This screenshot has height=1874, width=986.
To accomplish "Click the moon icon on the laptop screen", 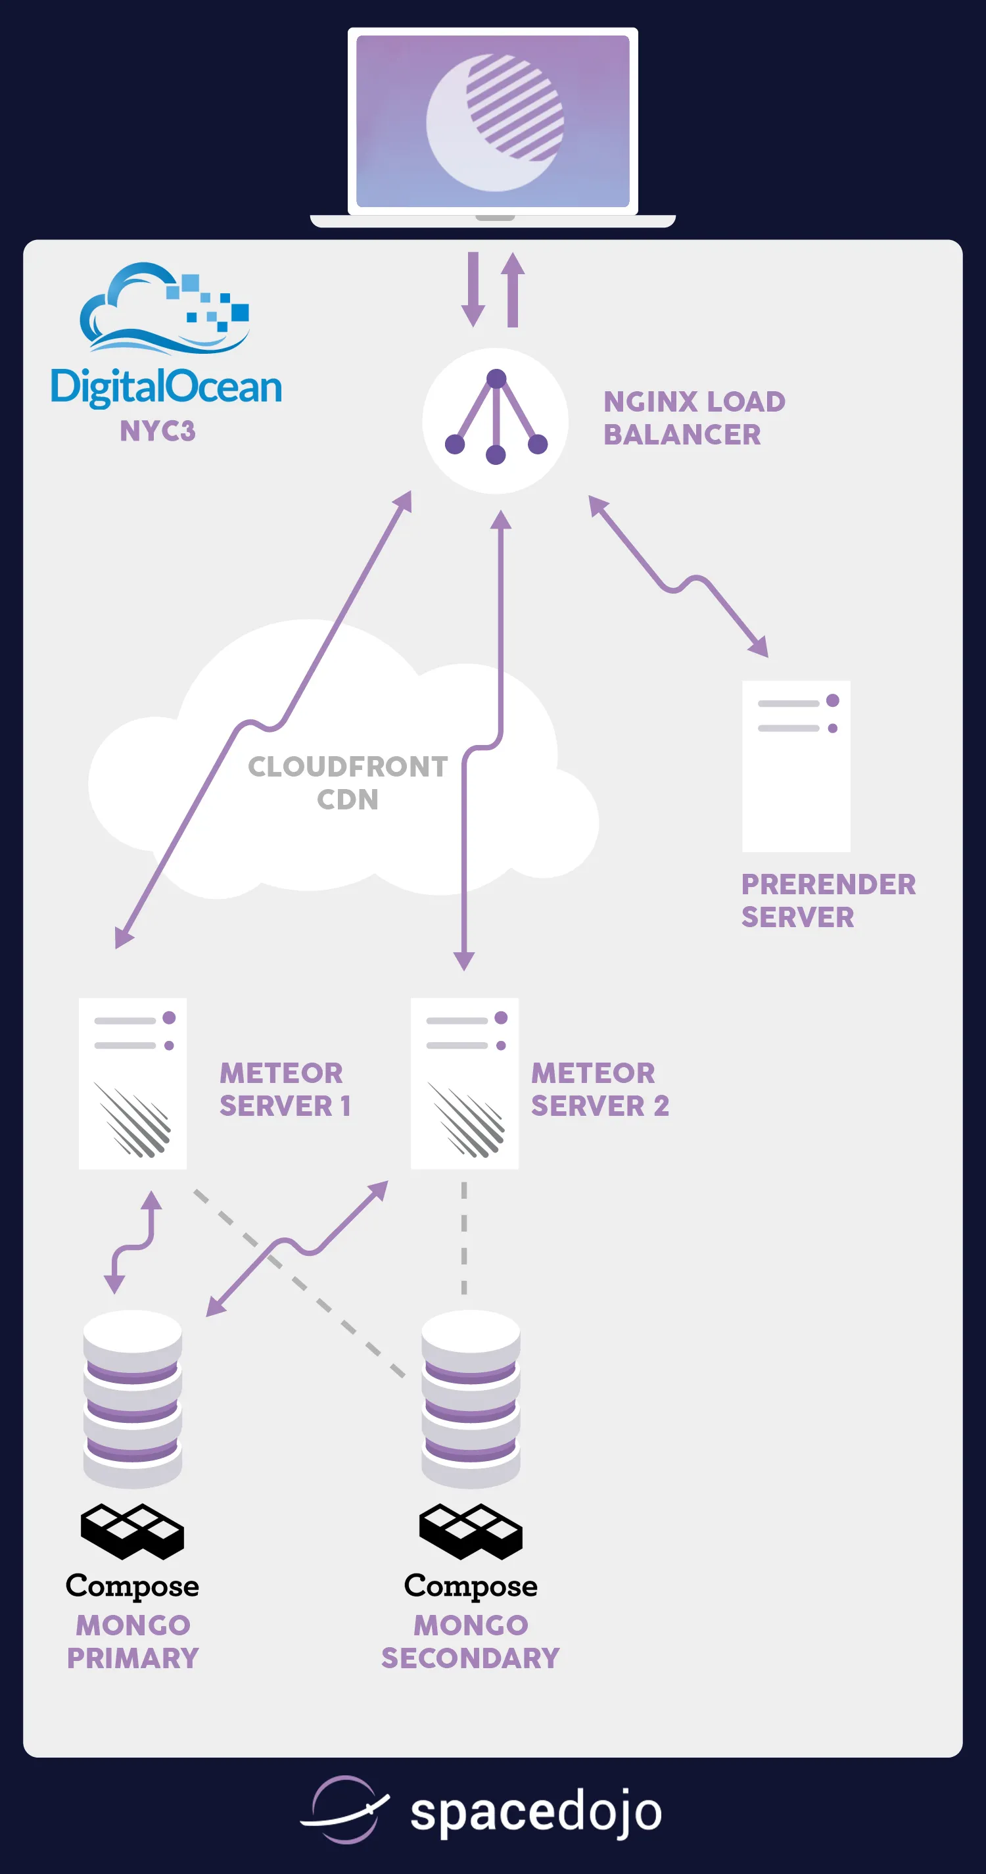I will coord(494,122).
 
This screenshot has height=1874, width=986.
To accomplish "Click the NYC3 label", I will coord(158,431).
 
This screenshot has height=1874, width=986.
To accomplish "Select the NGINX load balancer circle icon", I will coord(495,420).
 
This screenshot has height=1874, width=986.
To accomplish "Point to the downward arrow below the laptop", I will coord(473,289).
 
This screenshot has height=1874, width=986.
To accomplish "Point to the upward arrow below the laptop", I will coord(513,289).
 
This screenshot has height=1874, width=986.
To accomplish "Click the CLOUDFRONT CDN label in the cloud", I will coord(348,782).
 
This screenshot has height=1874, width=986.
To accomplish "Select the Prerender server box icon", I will coord(796,766).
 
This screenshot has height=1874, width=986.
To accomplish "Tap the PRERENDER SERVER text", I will coord(828,901).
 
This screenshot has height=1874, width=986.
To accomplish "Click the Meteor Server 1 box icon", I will coord(133,1083).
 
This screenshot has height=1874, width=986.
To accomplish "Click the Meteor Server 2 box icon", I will coord(465,1083).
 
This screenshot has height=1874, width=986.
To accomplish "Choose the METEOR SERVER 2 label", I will coord(599,1089).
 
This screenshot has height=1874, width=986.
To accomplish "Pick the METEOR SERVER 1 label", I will coord(285,1089).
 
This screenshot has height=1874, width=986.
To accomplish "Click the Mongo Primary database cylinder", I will coord(132,1398).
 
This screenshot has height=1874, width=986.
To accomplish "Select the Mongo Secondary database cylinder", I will coord(471,1398).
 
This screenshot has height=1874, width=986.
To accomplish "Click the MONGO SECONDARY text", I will coord(471,1641).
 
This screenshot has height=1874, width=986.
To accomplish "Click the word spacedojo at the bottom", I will coord(536,1812).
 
